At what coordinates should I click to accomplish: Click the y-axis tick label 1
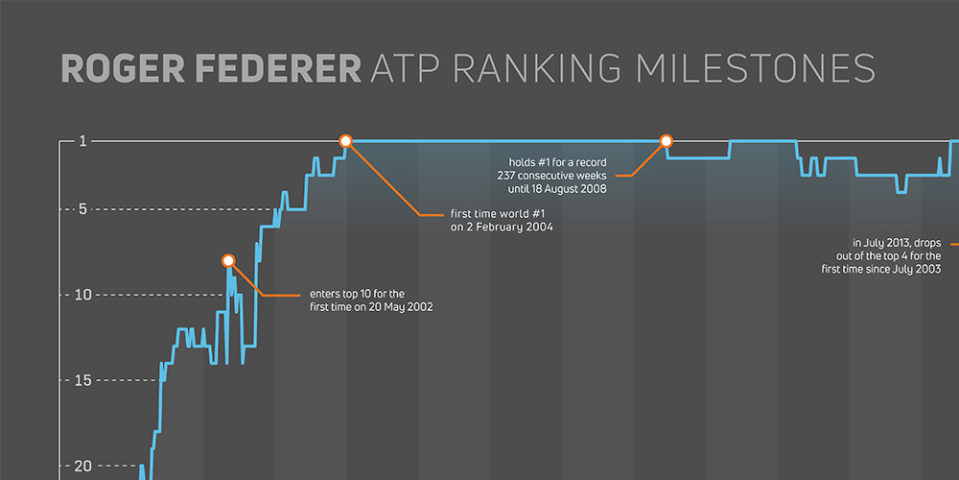point(82,141)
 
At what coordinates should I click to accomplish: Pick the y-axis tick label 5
point(82,209)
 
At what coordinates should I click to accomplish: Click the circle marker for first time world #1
point(346,141)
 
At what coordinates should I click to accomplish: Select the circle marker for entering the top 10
point(228,260)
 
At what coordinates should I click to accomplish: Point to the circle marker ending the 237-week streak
point(667,141)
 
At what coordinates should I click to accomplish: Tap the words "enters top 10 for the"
point(357,294)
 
